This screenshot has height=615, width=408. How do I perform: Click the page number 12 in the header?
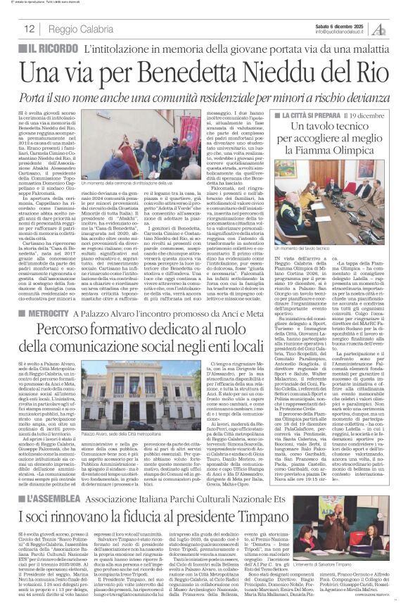click(30, 30)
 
